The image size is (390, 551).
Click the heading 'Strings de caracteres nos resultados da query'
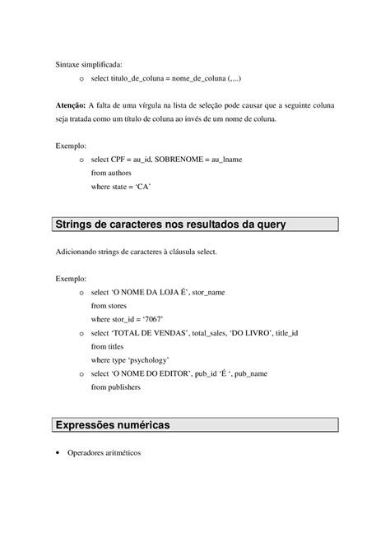coord(170,224)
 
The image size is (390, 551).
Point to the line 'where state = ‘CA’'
coord(121,187)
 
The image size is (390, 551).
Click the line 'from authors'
coord(111,173)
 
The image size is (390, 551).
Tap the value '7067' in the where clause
coord(149,319)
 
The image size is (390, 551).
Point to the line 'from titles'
coord(109,346)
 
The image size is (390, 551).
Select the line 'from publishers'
coord(115,387)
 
